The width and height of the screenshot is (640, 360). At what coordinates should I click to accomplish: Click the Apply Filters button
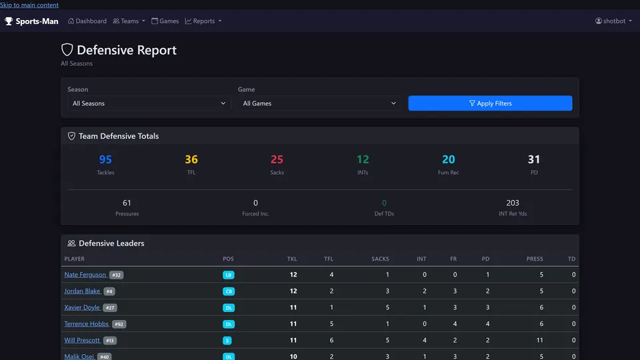point(490,103)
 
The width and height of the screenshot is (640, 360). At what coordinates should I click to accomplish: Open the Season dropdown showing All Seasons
point(149,103)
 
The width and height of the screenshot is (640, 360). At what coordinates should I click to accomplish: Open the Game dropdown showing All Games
point(319,103)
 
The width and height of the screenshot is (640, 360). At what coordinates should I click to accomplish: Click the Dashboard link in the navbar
point(87,21)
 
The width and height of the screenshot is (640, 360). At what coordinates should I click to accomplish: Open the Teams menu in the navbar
point(129,21)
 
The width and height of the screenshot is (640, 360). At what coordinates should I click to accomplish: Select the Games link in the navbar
point(165,21)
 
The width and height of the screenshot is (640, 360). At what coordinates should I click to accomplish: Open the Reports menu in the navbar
point(203,21)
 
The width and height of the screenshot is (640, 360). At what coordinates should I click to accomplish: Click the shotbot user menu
point(613,21)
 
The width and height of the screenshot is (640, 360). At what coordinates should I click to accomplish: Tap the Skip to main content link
point(29,5)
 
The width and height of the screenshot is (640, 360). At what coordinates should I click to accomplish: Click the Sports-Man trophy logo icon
point(9,21)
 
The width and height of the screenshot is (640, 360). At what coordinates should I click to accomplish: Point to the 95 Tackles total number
point(105,159)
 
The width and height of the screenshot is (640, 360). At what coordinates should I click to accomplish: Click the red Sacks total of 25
point(277,159)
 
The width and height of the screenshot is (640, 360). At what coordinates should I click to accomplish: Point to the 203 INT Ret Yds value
point(513,203)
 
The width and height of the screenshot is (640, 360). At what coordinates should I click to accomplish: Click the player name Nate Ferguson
point(85,275)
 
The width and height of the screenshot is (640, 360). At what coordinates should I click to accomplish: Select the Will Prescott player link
point(81,340)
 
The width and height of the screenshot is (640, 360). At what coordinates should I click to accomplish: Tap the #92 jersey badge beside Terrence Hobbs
point(119,324)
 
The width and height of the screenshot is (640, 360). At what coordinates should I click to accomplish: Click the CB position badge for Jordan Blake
point(229,291)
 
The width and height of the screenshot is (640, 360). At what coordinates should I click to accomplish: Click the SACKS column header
point(380,259)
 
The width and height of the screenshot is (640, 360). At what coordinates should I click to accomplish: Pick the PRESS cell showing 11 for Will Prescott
point(539,340)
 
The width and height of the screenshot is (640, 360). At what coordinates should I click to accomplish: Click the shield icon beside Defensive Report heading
point(67,50)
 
